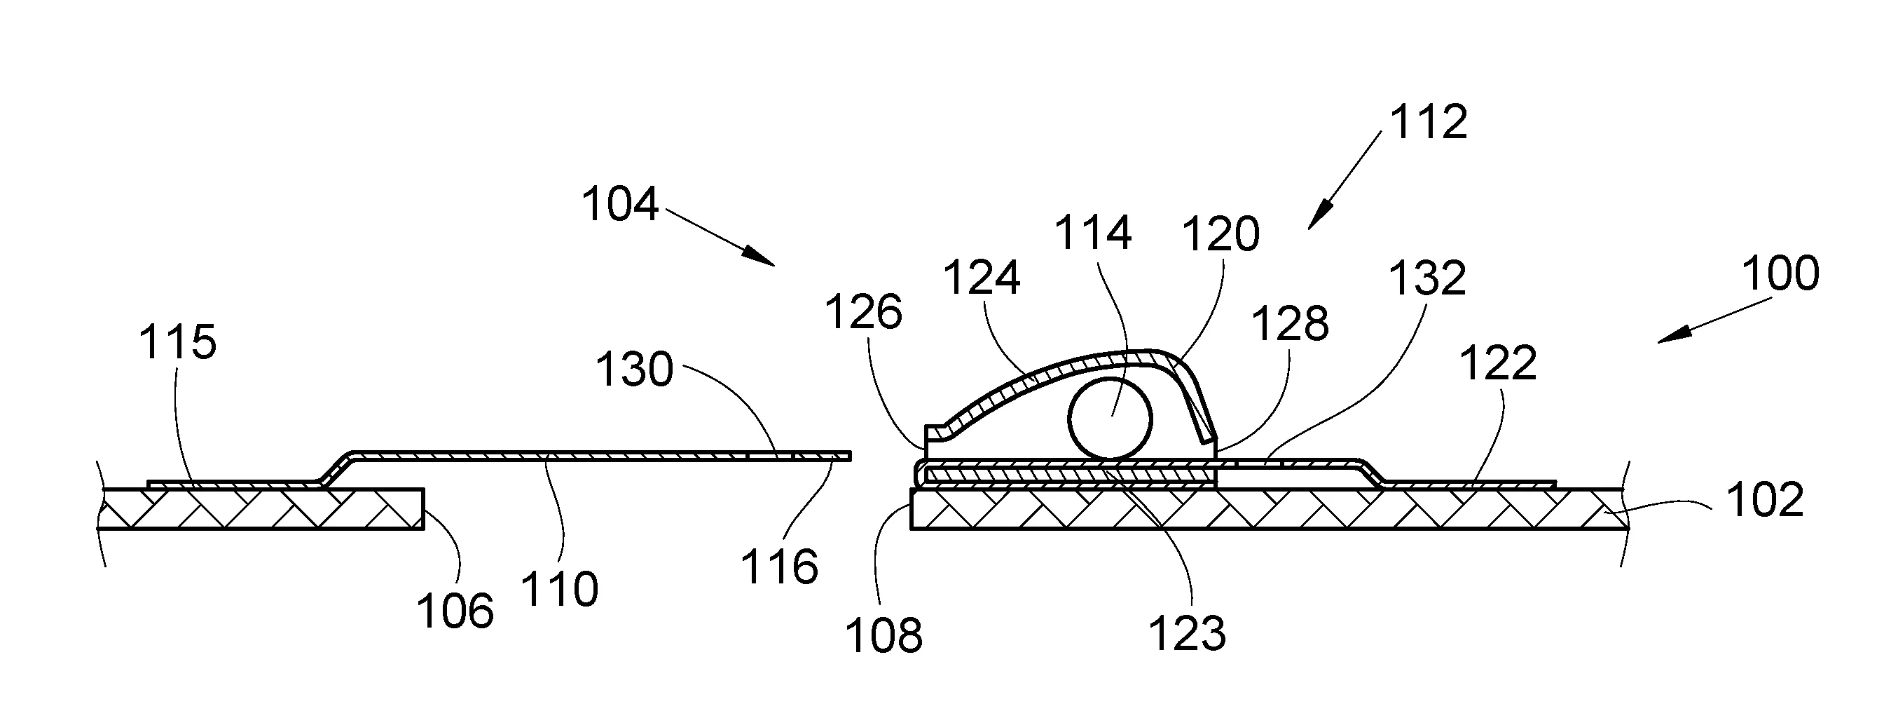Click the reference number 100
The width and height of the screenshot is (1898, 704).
click(1781, 273)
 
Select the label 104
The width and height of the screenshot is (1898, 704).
click(619, 204)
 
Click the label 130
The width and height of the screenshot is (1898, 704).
click(634, 370)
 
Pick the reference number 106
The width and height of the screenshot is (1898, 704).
click(455, 611)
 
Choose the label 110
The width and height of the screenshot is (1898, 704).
click(560, 590)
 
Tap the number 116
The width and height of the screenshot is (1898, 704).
click(780, 567)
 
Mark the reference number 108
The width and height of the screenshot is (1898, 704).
click(883, 635)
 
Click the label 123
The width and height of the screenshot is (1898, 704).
click(1188, 633)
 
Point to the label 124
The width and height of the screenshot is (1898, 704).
click(982, 278)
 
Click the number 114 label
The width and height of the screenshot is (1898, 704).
click(1093, 233)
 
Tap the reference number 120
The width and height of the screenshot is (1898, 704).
click(1221, 234)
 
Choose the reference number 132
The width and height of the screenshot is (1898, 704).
click(1427, 279)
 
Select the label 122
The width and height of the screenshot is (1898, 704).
click(1498, 363)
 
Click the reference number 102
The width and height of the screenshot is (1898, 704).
click(1765, 499)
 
